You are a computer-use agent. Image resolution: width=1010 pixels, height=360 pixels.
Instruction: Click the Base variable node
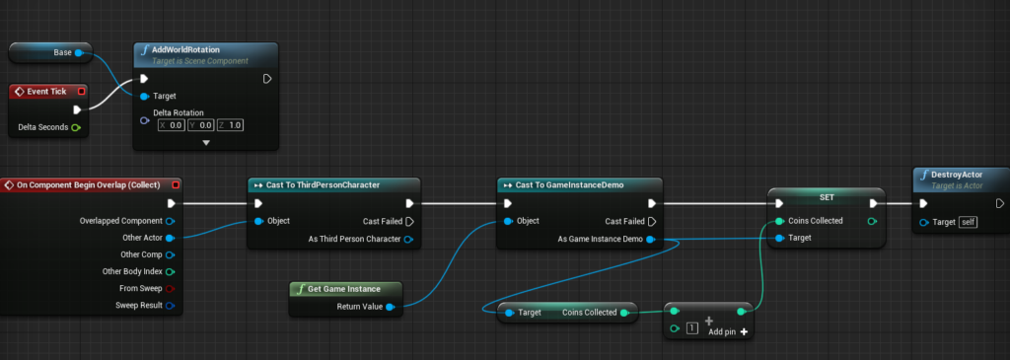(x=50, y=53)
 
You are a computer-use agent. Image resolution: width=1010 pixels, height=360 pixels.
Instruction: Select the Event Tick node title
(x=46, y=92)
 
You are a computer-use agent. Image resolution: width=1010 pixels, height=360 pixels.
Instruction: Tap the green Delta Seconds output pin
(x=76, y=127)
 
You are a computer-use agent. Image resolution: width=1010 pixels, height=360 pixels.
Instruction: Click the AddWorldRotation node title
(x=186, y=49)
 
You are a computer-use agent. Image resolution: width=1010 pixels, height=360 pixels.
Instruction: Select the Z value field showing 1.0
(x=231, y=125)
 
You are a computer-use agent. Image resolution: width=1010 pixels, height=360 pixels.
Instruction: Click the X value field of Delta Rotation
(x=172, y=125)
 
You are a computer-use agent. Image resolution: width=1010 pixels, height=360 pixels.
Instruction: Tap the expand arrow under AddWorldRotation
(x=206, y=143)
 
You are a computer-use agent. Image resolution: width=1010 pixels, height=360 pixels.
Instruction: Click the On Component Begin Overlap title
(x=88, y=185)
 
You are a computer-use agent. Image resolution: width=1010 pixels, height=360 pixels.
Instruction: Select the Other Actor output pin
(x=170, y=238)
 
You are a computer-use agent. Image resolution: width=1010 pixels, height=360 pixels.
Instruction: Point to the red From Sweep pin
(x=170, y=289)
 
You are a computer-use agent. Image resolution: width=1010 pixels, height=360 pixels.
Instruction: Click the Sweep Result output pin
(x=170, y=305)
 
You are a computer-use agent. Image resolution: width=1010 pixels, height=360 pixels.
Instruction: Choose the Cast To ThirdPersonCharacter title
(x=323, y=185)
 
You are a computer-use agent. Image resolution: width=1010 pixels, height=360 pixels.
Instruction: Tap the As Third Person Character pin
(x=408, y=240)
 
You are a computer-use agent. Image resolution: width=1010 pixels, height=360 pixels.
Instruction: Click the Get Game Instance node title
(x=344, y=289)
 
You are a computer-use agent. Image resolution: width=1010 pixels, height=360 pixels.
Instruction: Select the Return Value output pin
(x=390, y=307)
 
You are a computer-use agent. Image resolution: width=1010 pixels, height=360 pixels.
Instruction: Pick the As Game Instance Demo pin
(x=651, y=240)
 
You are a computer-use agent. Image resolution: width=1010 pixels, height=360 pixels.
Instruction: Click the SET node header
(x=827, y=196)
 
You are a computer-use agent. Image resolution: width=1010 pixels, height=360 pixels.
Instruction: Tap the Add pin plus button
(x=744, y=331)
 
